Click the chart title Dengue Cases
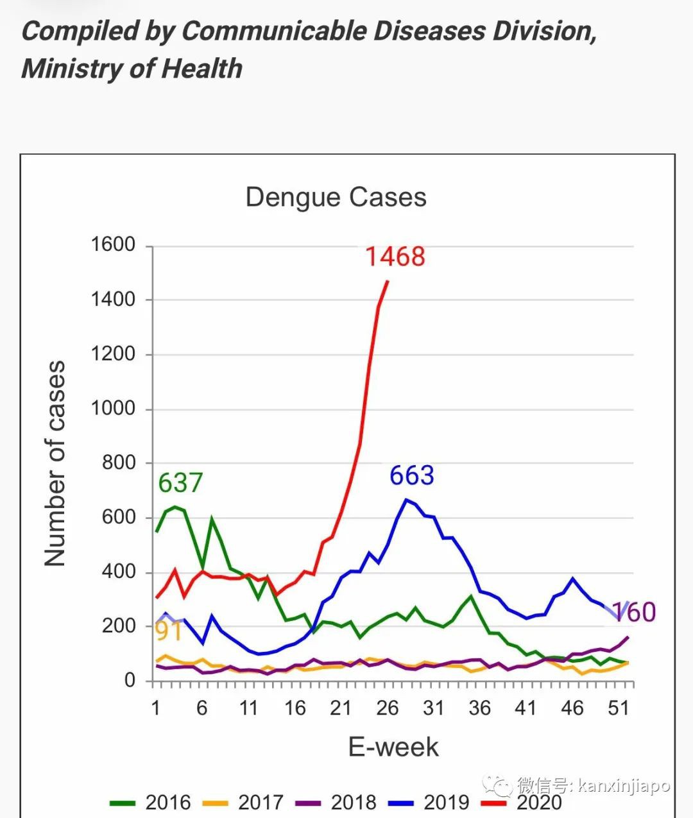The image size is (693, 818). coord(336,197)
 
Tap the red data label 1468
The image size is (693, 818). coord(395,257)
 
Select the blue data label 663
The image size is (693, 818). coord(412,475)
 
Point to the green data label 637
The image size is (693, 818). coord(180,482)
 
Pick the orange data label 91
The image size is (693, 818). coord(169,631)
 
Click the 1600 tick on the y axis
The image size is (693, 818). coord(113,244)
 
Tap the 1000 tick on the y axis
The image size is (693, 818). coord(113,408)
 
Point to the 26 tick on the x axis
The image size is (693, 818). coord(387,708)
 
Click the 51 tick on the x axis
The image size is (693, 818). coord(619,708)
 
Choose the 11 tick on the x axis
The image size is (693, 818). coord(248,708)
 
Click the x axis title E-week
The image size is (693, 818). coord(393,747)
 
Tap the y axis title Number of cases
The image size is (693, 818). coord(55,463)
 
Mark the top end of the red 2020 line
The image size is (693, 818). coord(388,280)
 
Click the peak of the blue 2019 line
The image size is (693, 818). coord(406,499)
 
